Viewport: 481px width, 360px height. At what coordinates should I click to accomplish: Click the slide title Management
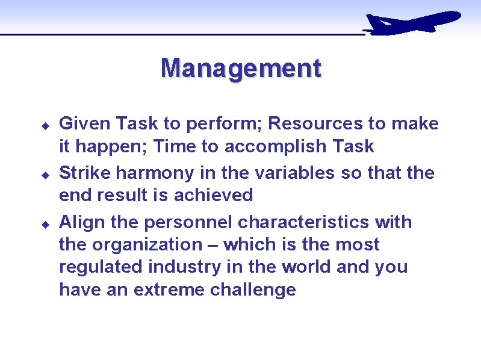click(241, 69)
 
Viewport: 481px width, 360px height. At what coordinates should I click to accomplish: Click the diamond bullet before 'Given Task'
click(45, 125)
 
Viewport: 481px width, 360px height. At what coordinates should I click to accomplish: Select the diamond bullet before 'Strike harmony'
click(45, 175)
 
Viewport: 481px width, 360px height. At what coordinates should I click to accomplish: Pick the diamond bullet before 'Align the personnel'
click(45, 224)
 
